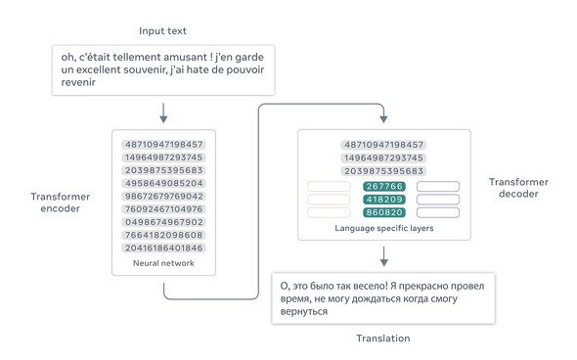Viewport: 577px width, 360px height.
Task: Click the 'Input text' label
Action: (x=162, y=31)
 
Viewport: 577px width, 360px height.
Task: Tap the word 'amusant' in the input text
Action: (x=186, y=57)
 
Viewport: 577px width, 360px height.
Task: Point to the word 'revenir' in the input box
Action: (x=78, y=82)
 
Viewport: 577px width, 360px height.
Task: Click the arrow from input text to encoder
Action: (x=163, y=112)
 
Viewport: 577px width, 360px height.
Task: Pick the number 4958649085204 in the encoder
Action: (x=163, y=183)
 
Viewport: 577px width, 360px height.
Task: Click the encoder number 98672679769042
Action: (x=163, y=197)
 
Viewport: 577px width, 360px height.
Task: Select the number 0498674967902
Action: (x=163, y=222)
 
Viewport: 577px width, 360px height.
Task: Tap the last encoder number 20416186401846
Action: (x=163, y=248)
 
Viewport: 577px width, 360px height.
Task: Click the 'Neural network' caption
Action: (x=163, y=263)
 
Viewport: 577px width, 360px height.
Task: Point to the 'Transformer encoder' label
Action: (x=61, y=202)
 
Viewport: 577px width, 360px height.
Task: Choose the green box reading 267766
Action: (x=384, y=186)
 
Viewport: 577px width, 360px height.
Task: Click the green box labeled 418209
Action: (x=384, y=200)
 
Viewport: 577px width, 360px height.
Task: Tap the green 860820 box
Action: (x=384, y=212)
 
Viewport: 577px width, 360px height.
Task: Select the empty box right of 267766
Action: (x=438, y=186)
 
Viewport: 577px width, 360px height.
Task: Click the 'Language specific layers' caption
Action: (x=384, y=228)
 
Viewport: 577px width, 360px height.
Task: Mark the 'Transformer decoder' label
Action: (x=518, y=188)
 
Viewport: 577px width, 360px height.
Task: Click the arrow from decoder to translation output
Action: (x=383, y=256)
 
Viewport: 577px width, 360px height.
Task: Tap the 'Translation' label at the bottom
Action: (x=383, y=338)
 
